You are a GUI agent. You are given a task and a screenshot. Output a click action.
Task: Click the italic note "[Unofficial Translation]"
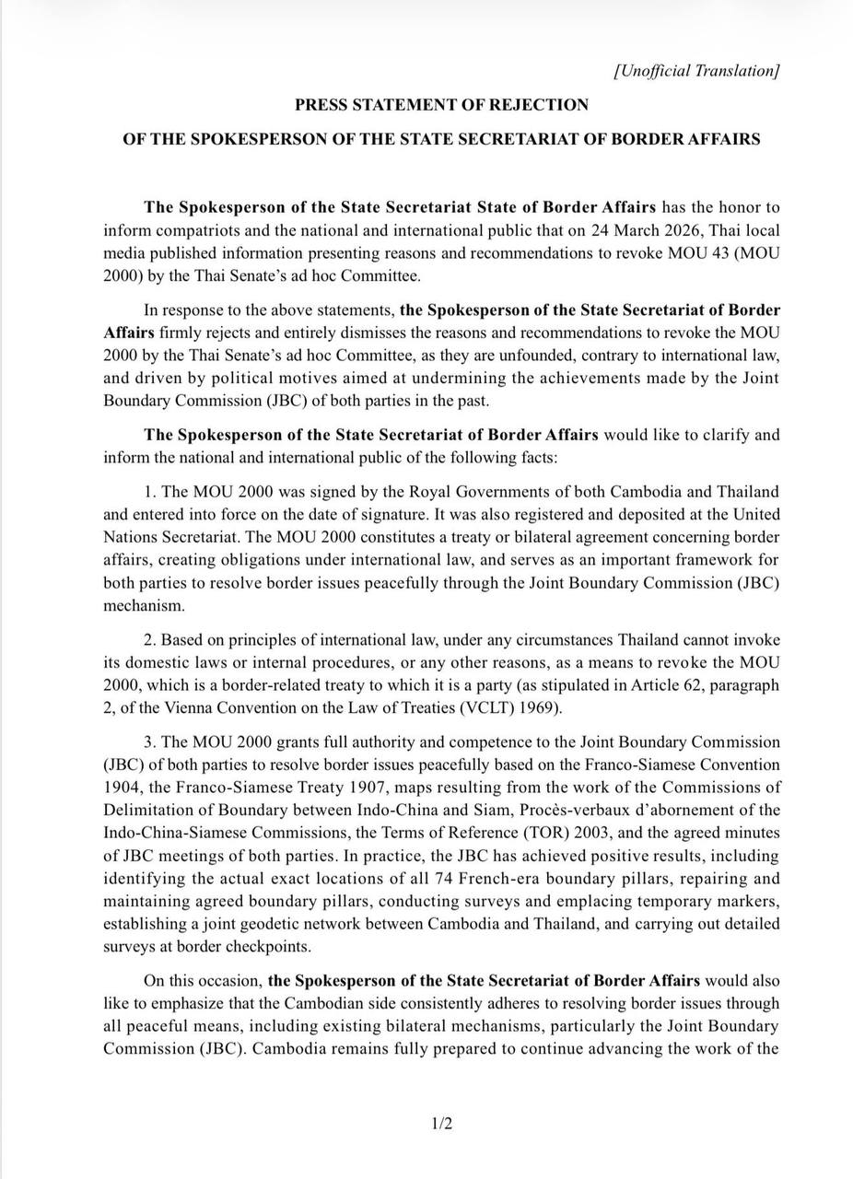pyautogui.click(x=696, y=71)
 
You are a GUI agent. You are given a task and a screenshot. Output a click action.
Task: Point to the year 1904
pyautogui.click(x=122, y=788)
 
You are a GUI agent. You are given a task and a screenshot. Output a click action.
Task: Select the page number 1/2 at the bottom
pyautogui.click(x=442, y=1124)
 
